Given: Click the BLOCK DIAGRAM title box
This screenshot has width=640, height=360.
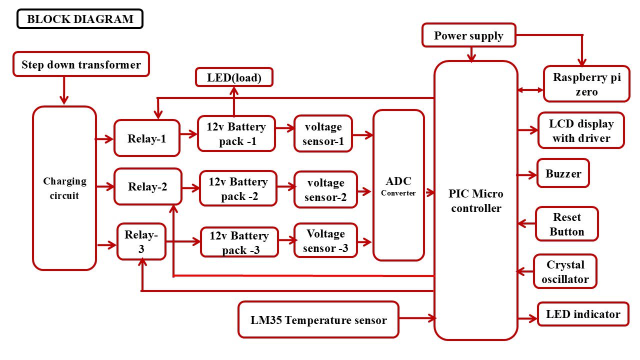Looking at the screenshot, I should click(x=80, y=19).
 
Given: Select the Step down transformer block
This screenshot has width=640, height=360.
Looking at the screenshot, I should click(x=81, y=64).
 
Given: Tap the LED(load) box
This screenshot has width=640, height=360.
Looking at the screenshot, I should click(x=234, y=77).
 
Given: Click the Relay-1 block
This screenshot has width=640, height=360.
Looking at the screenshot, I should click(x=146, y=138).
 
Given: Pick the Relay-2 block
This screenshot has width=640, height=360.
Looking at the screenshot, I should click(x=147, y=186).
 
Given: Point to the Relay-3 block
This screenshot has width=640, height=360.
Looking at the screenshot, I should click(x=141, y=242).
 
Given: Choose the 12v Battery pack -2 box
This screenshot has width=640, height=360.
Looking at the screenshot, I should click(x=238, y=188).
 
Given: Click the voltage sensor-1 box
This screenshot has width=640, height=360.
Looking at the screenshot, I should click(x=323, y=134).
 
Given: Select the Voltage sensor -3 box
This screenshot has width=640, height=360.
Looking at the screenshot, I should click(x=325, y=240).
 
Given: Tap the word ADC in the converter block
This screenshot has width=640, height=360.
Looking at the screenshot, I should click(x=398, y=181).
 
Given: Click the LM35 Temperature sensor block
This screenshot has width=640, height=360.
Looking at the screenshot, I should click(x=318, y=320).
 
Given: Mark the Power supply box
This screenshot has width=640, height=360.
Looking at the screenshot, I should click(x=468, y=35).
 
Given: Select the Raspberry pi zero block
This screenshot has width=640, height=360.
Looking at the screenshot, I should click(x=586, y=84).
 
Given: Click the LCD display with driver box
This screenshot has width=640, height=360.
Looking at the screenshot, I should click(x=581, y=130).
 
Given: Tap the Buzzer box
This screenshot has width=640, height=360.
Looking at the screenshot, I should click(x=563, y=173).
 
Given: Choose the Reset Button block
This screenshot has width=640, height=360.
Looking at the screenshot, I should click(x=566, y=224).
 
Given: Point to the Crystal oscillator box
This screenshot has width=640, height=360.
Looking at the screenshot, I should click(x=565, y=271).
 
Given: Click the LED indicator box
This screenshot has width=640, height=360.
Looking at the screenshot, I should click(x=583, y=314).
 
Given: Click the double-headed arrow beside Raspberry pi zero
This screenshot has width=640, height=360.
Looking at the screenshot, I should click(x=530, y=90).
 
